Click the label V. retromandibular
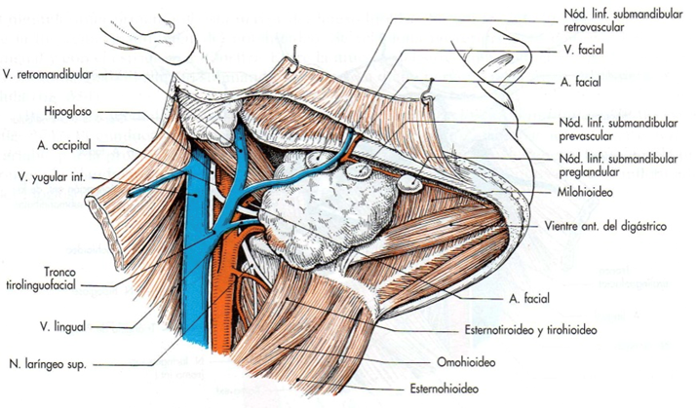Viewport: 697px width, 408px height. click(48, 75)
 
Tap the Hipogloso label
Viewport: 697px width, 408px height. click(67, 111)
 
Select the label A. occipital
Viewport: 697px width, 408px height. click(64, 145)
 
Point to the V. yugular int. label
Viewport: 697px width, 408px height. click(52, 177)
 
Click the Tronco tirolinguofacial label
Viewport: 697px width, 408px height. click(41, 278)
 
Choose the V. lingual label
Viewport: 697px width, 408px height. click(62, 327)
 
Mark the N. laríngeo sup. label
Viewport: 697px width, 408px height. click(48, 365)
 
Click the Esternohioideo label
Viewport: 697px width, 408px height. click(445, 389)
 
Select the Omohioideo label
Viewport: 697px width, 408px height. click(466, 362)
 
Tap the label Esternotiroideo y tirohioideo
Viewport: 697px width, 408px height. click(530, 330)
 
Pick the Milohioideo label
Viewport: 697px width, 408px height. click(585, 192)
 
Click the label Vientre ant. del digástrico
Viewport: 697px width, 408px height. click(606, 227)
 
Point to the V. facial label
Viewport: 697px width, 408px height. click(584, 50)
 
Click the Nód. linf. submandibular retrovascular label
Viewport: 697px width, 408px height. click(623, 20)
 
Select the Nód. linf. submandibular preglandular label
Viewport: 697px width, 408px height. click(618, 166)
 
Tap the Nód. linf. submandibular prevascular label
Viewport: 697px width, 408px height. click(618, 130)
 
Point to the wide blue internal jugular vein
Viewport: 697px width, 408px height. click(196, 248)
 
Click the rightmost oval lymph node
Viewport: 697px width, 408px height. click(410, 183)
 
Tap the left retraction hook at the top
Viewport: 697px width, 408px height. click(293, 60)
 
